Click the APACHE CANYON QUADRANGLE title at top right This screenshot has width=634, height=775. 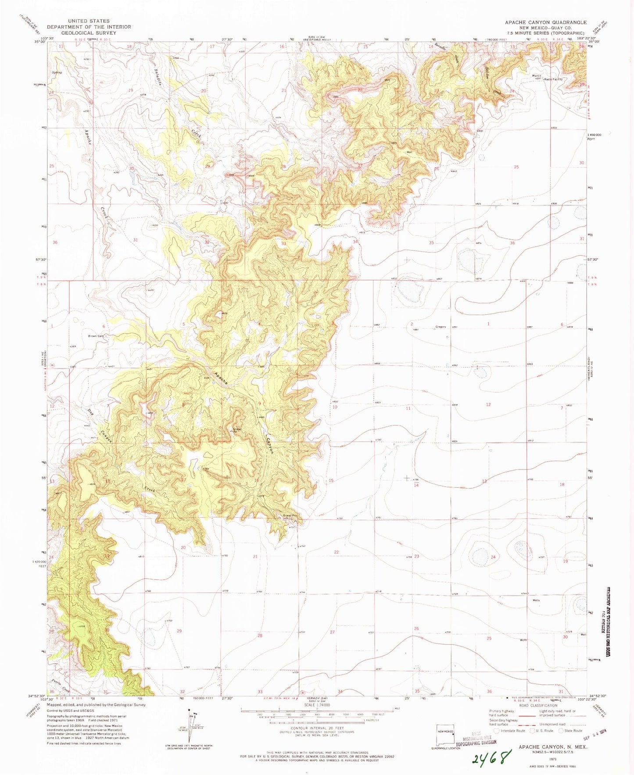click(545, 22)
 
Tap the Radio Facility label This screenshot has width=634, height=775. click(554, 79)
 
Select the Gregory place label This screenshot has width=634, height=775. click(440, 327)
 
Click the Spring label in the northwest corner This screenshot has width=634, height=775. click(57, 72)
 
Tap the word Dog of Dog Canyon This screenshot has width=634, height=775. click(91, 412)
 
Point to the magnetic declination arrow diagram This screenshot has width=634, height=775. click(189, 728)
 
